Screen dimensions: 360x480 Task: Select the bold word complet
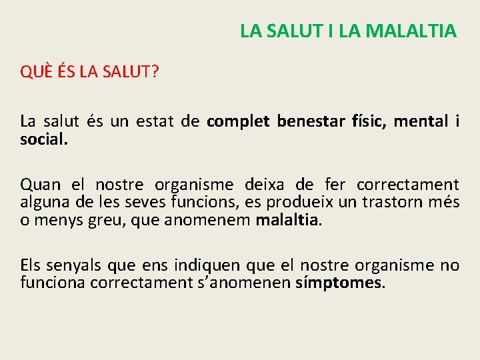coord(238,121)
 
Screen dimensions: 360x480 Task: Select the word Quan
coord(39,185)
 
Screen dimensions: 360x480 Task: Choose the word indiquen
coord(208,265)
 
